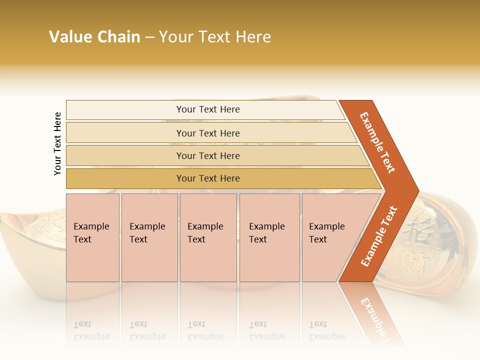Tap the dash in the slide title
[149, 37]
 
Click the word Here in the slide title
[253, 37]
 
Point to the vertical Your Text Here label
[57, 143]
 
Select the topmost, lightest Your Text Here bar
[207, 109]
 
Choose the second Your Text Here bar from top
[207, 133]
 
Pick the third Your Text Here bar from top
[207, 155]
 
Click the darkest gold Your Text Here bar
[207, 178]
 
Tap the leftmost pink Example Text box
[92, 237]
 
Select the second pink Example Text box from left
[149, 237]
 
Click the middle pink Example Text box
[208, 237]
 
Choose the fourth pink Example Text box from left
[269, 237]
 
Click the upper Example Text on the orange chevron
[377, 142]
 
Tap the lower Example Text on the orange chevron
[378, 236]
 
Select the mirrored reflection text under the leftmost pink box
[91, 331]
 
